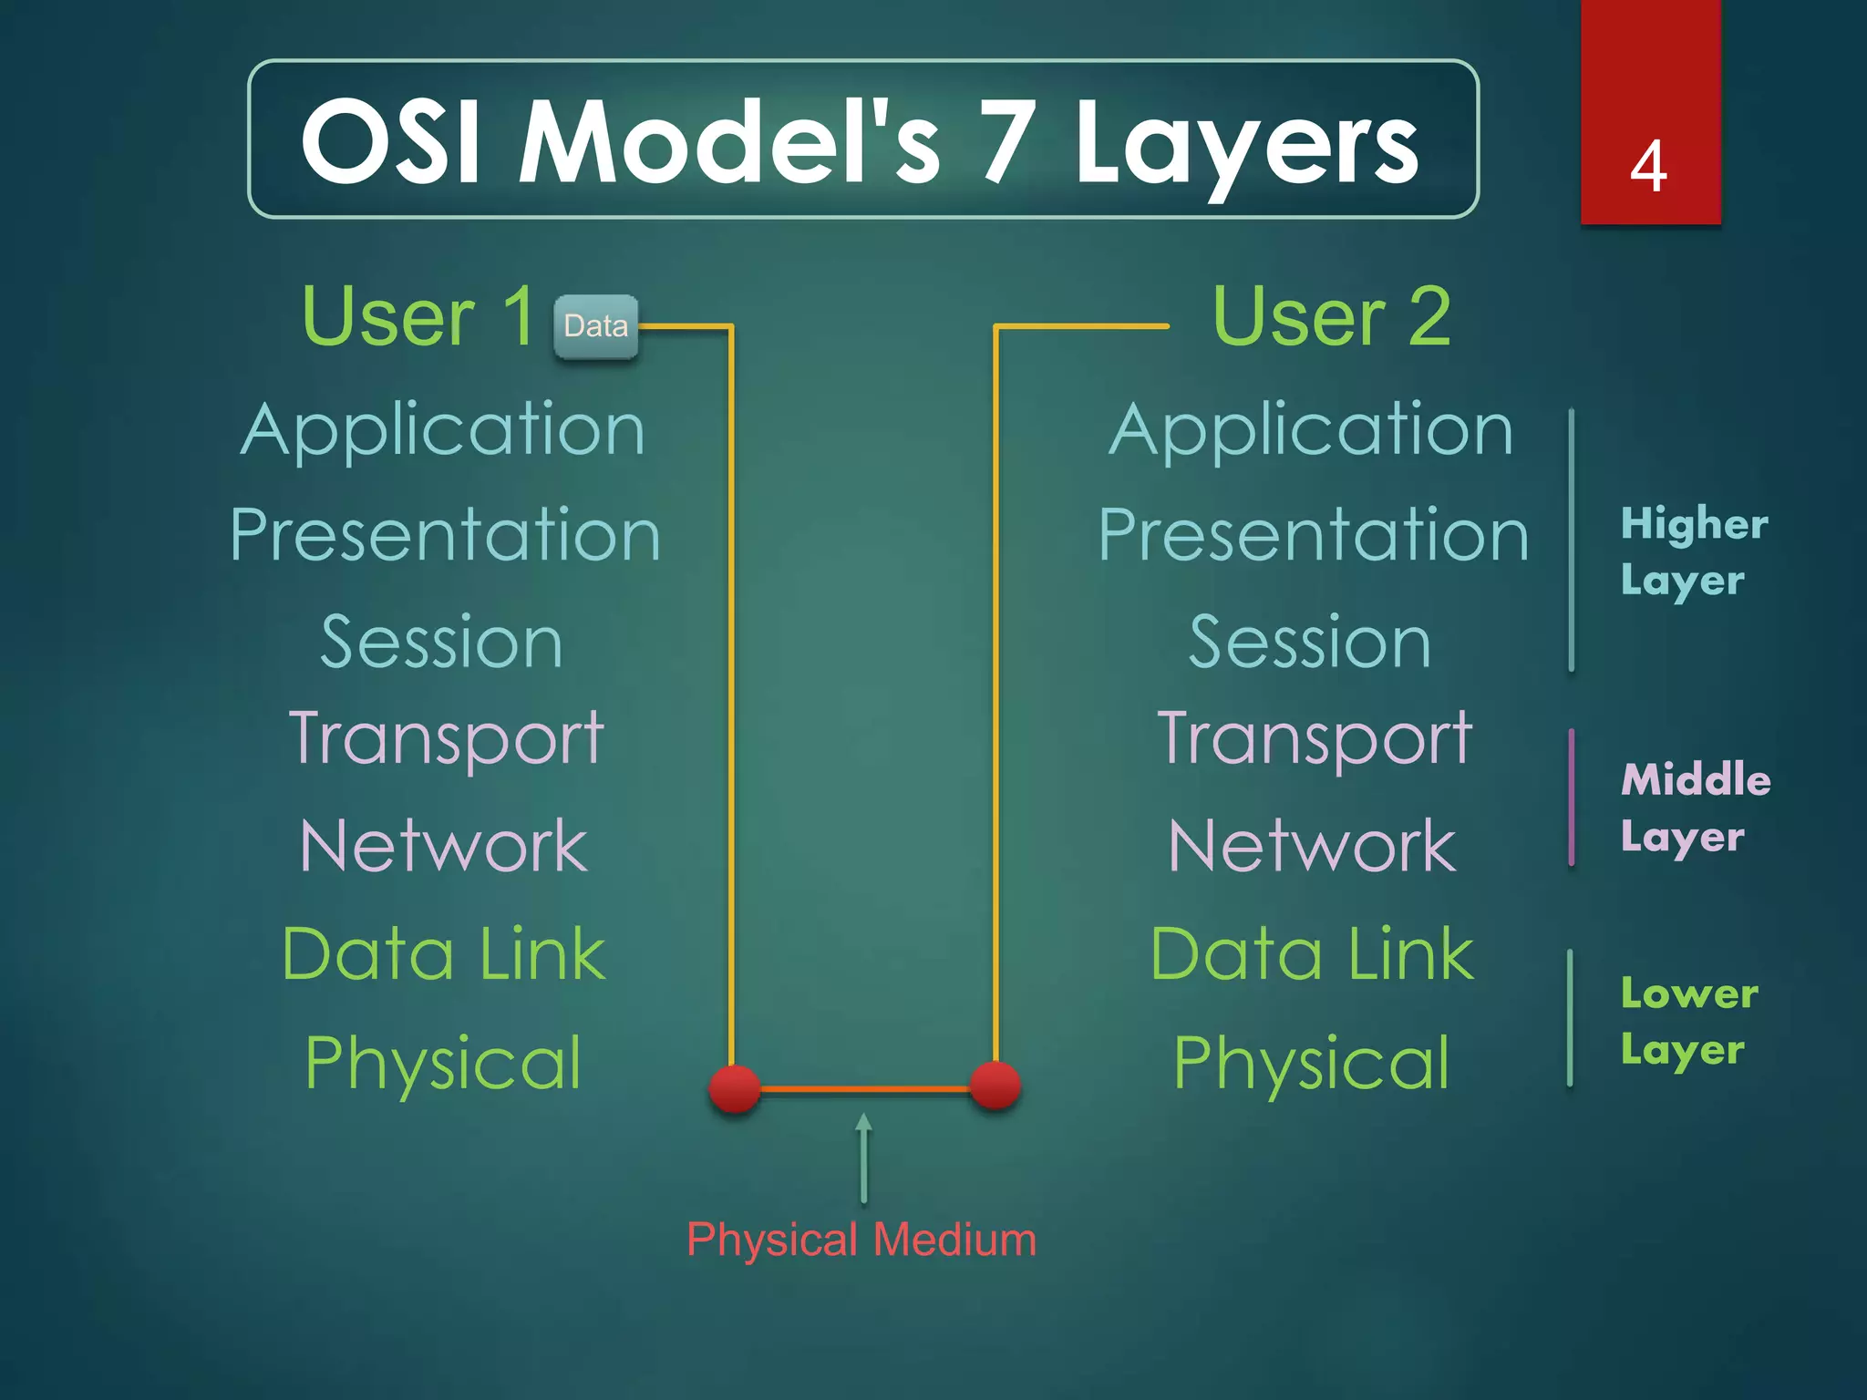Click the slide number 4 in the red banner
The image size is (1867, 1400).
tap(1648, 168)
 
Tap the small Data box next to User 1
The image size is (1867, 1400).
tap(596, 326)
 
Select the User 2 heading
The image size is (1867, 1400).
tap(1332, 316)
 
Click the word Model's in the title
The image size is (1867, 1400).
tap(729, 142)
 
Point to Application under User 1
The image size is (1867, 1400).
tap(443, 430)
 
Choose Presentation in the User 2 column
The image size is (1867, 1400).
tap(1313, 536)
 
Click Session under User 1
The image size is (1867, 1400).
tap(442, 643)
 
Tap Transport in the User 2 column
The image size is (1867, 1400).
tap(1314, 738)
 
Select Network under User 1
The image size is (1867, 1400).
tap(444, 847)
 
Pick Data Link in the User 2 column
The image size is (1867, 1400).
tap(1312, 954)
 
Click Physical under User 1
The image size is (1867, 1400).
tap(443, 1063)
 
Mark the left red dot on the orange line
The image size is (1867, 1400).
tap(735, 1088)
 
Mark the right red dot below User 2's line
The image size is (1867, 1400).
tap(995, 1086)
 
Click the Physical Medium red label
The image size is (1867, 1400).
tap(861, 1240)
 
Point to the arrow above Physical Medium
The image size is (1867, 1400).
tap(863, 1158)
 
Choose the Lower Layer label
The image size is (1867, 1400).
tap(1688, 1021)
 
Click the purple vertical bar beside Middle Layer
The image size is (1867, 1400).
tap(1572, 798)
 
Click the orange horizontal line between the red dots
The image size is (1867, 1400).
tap(865, 1088)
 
